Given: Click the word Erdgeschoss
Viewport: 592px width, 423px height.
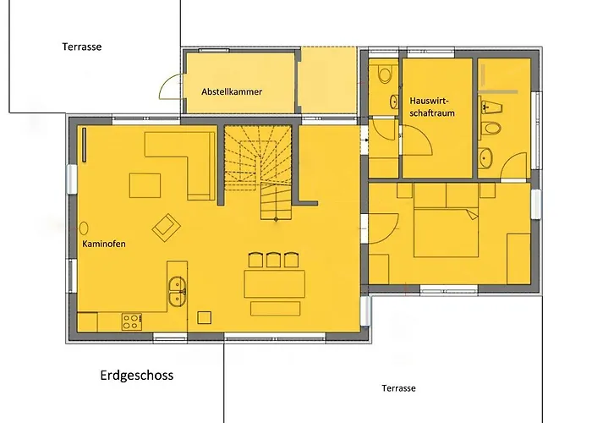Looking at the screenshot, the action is (x=137, y=376).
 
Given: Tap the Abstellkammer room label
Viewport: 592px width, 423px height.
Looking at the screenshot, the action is (x=232, y=91).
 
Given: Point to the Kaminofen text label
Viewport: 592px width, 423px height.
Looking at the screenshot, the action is (x=104, y=244).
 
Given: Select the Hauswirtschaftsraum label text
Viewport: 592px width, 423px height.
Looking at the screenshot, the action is (x=432, y=107).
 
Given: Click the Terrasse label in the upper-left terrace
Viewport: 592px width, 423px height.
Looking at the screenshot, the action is (x=82, y=47).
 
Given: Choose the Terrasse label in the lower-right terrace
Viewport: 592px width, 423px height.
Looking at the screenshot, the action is (x=398, y=388).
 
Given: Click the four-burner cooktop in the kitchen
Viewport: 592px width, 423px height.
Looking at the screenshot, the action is (x=132, y=321).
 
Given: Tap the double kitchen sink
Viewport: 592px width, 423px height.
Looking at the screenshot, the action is (x=177, y=291).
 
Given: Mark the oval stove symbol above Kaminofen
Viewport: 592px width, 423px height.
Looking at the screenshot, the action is (x=84, y=228).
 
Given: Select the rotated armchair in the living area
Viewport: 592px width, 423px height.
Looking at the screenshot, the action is (x=166, y=228).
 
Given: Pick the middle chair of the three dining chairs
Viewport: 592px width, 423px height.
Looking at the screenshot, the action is (x=273, y=261).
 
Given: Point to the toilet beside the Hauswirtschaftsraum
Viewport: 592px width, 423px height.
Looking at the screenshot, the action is (x=385, y=74).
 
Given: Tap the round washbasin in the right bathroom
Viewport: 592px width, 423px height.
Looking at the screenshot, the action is (x=485, y=158).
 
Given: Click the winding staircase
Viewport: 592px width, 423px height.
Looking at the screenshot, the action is (x=258, y=173).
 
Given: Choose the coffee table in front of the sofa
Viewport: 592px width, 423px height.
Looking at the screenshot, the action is (x=145, y=185).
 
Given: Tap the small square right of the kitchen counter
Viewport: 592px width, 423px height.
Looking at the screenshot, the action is (x=205, y=317).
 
